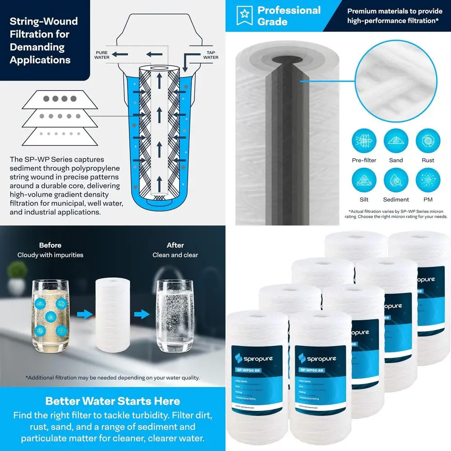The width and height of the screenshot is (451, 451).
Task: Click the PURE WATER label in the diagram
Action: coord(102,55)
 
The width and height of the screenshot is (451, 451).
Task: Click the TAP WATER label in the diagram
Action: coord(211,55)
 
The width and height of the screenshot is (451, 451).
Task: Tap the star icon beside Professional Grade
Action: coord(244,15)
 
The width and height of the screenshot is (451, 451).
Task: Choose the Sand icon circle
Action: coord(396,140)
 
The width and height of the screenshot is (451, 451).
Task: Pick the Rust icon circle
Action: coord(428,140)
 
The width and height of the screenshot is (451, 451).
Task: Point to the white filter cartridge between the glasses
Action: coord(113,314)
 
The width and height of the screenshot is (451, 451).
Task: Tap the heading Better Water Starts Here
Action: coord(113,401)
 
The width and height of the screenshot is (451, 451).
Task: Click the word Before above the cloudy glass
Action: coord(50,245)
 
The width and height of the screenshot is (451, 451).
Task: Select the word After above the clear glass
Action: coord(175,245)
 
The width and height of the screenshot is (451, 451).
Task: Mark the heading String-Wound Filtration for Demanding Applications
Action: coord(44,41)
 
